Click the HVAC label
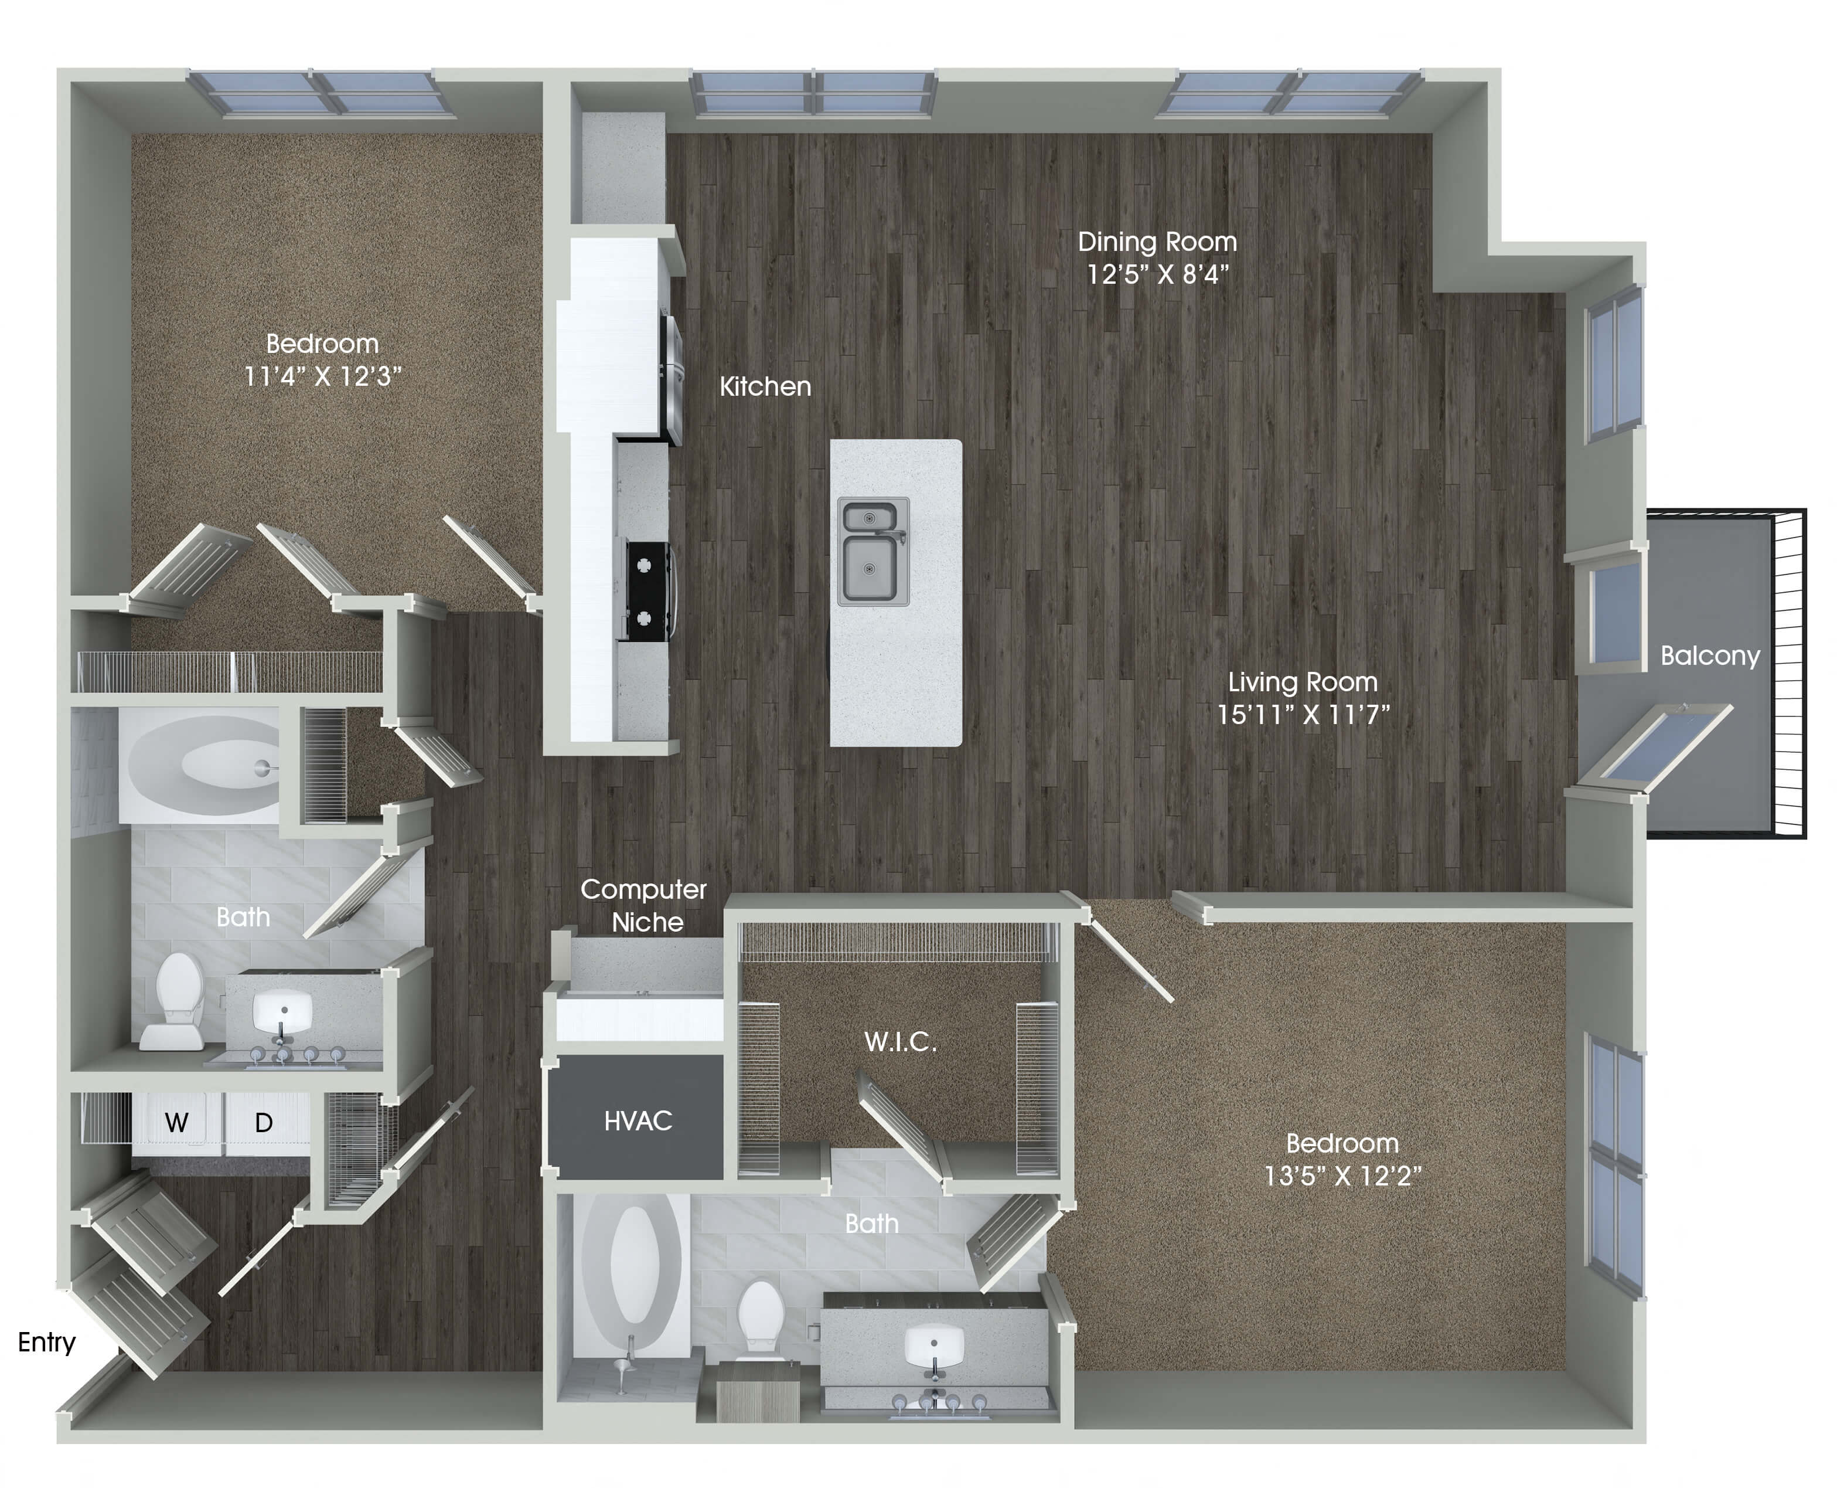pos(638,1120)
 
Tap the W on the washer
pos(176,1122)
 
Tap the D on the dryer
pos(264,1122)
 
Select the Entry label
pos(46,1341)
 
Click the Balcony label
pos(1709,655)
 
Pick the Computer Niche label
pos(645,905)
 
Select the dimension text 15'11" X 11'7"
pos(1303,714)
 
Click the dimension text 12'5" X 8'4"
pos(1157,274)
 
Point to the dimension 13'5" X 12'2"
pos(1342,1175)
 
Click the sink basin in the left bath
pos(283,1011)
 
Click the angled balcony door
pos(1654,746)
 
